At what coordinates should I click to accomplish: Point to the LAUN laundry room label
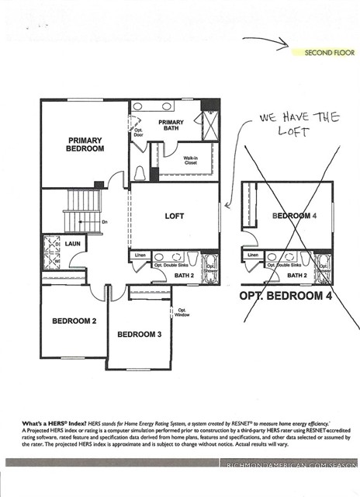(73, 243)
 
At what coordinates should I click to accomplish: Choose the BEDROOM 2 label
(74, 321)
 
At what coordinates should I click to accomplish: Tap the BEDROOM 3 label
(140, 335)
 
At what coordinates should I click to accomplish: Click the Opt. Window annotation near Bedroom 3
(182, 312)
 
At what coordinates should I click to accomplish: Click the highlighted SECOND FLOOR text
(330, 53)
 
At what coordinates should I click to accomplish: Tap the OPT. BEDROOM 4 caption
(290, 296)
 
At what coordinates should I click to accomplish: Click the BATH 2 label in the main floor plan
(184, 275)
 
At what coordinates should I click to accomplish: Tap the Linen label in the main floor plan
(140, 255)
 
